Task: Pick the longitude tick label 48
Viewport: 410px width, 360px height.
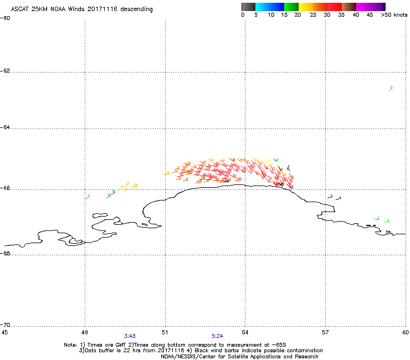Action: (x=85, y=332)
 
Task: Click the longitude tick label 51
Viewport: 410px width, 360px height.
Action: (x=165, y=332)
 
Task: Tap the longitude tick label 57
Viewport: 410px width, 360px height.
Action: (x=325, y=332)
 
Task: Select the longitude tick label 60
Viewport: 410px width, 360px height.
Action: (x=405, y=332)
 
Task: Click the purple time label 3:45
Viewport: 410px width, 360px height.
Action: (x=130, y=336)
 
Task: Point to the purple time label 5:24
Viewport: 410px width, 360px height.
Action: (x=218, y=336)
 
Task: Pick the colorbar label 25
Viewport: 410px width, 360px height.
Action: (x=313, y=15)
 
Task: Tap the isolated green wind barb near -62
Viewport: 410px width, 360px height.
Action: (x=391, y=88)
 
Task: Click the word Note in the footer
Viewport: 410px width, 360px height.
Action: (x=70, y=344)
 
